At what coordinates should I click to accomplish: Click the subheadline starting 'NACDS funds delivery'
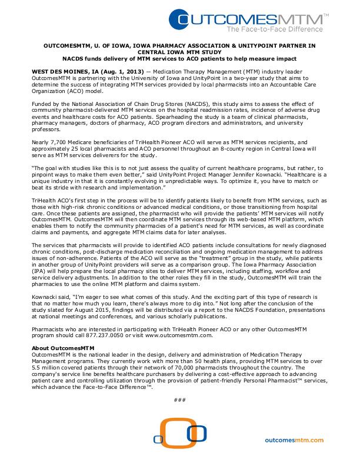tap(180, 58)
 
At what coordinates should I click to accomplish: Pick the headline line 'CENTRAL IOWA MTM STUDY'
tap(180, 51)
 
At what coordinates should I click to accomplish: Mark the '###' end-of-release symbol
tap(180, 400)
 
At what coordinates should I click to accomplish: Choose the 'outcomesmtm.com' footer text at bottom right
tap(295, 440)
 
